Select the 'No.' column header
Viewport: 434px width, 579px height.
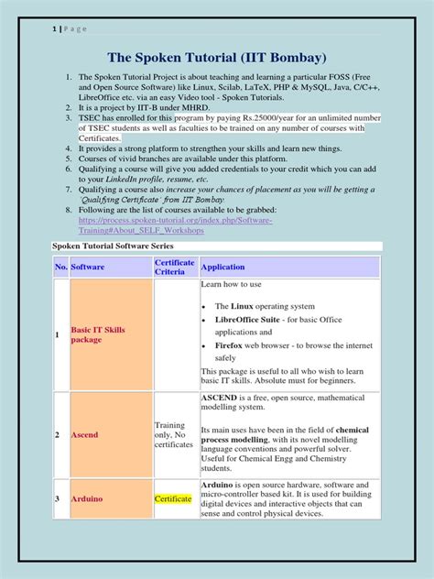click(61, 268)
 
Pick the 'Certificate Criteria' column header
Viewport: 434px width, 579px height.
click(174, 268)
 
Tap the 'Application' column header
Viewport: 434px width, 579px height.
click(222, 268)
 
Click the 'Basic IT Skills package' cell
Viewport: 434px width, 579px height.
click(100, 334)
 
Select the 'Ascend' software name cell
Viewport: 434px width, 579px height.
click(85, 434)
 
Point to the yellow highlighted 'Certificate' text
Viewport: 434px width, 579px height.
click(173, 499)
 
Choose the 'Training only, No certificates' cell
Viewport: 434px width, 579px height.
click(174, 434)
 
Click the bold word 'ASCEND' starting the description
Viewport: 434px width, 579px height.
click(222, 398)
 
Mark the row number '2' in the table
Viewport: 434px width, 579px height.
click(57, 434)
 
